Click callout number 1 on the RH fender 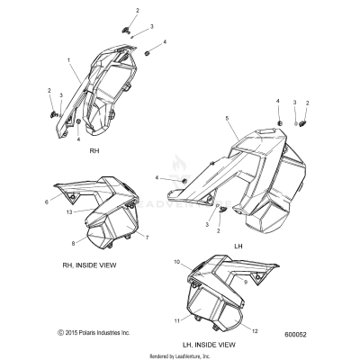tap(69, 60)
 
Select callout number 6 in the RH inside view tap(47, 202)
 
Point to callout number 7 tap(147, 238)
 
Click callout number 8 tap(74, 244)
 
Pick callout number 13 tap(69, 212)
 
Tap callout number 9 tap(246, 283)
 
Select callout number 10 tap(176, 262)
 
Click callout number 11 tap(177, 321)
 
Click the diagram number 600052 tap(295, 335)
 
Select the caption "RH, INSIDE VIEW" tap(89, 265)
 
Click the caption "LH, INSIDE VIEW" tap(209, 345)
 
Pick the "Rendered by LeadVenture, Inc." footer tap(180, 356)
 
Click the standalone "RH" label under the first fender tap(94, 151)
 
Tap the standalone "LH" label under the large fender tap(238, 247)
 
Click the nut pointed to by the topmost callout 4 tap(148, 53)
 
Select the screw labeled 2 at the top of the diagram tap(126, 30)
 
